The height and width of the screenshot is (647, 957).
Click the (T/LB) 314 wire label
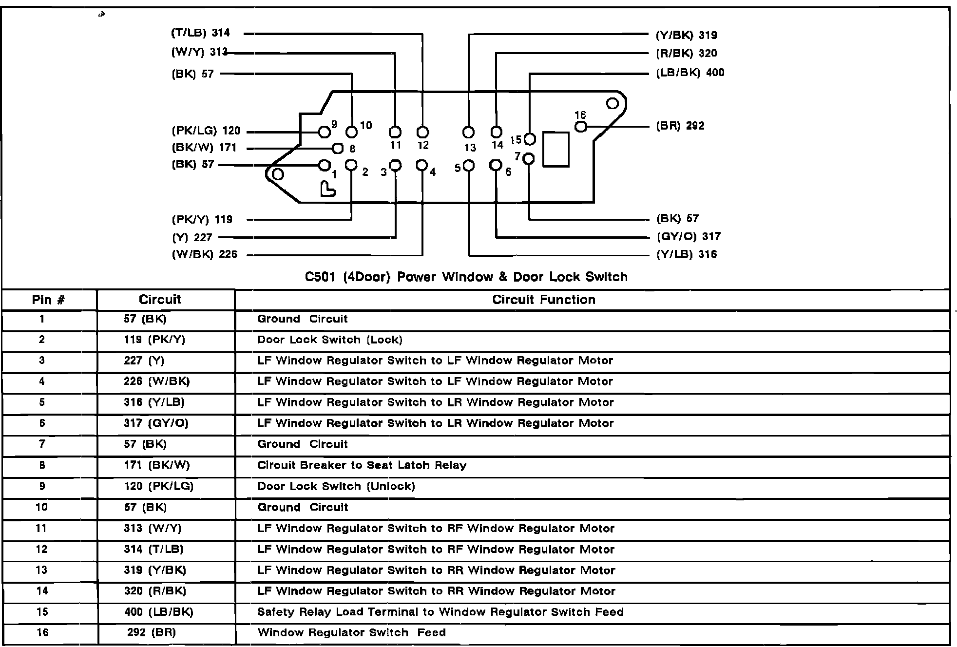point(200,33)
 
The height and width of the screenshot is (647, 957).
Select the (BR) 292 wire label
point(680,126)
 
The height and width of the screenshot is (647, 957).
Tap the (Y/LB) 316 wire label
point(687,254)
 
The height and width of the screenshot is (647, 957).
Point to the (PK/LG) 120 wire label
point(206,131)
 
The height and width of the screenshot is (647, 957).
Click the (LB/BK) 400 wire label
point(690,73)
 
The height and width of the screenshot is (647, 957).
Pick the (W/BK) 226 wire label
point(205,254)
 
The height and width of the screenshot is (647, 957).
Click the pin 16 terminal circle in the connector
point(581,127)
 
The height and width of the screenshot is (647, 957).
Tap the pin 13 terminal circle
point(469,132)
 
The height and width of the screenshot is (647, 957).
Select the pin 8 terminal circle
point(337,148)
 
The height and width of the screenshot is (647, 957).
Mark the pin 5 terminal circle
point(469,166)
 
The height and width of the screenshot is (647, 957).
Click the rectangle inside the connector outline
point(556,149)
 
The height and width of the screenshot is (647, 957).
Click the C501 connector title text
point(466,277)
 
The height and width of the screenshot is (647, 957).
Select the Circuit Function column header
point(543,300)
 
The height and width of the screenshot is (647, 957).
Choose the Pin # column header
point(48,300)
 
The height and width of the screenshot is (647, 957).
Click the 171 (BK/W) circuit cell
point(156,465)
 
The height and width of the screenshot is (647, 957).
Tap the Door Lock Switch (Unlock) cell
point(336,486)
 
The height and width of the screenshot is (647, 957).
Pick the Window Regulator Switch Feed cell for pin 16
point(351,633)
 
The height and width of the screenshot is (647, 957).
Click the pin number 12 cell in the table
point(42,549)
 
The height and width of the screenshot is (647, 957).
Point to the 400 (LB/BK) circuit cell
point(158,612)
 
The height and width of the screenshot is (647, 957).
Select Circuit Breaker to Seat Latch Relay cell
point(362,465)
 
